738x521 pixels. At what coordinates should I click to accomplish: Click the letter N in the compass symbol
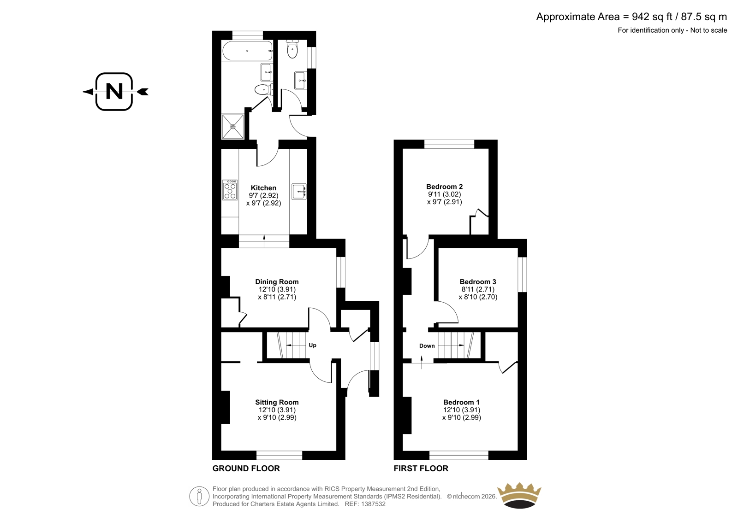tap(114, 91)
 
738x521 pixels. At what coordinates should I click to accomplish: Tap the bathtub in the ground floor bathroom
tap(247, 51)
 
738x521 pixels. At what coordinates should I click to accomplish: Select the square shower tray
tap(233, 126)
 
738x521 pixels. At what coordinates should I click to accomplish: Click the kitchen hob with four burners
tap(230, 190)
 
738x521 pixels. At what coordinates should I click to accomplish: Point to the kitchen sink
tap(299, 191)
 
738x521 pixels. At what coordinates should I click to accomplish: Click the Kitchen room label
tap(263, 188)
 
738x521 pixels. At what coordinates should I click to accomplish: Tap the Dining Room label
tap(277, 282)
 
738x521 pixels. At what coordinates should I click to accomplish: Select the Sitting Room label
tap(277, 402)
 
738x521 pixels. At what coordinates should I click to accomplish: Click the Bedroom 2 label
tap(445, 187)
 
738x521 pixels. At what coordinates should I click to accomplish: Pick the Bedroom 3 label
tap(478, 282)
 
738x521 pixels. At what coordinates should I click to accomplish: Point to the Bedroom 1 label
tap(461, 402)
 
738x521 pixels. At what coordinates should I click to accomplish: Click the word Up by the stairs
tap(312, 345)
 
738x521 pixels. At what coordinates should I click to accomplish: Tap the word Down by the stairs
tap(427, 346)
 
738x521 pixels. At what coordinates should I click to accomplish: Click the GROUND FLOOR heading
tap(246, 468)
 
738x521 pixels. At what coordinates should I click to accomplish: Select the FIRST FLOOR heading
tap(421, 468)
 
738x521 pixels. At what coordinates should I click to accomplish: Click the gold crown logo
tap(519, 495)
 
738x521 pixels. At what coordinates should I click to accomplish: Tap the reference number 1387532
tap(373, 504)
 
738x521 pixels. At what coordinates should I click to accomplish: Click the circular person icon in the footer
tap(199, 496)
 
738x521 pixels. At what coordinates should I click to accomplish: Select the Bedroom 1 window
tap(458, 455)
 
